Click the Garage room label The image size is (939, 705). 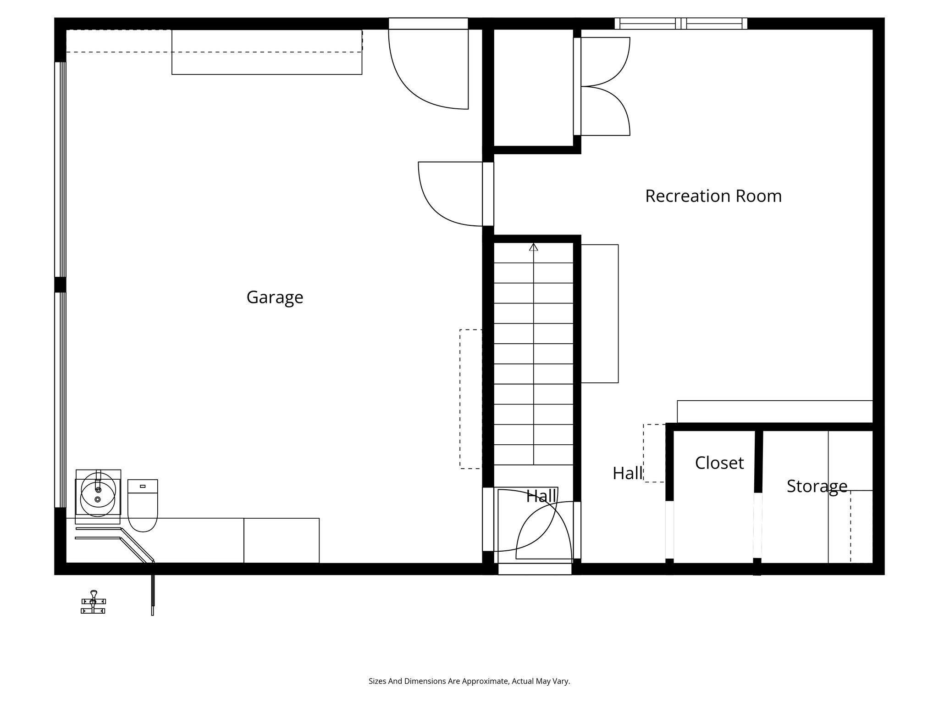click(x=275, y=297)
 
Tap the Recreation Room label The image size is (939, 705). click(x=713, y=196)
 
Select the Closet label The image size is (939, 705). click(x=719, y=463)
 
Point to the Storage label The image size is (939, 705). click(x=817, y=486)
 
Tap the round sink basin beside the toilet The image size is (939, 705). click(x=98, y=498)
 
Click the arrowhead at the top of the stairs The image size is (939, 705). click(x=533, y=247)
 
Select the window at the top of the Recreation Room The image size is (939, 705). click(x=680, y=23)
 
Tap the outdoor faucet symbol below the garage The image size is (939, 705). click(x=94, y=602)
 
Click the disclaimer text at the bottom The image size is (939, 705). click(x=469, y=681)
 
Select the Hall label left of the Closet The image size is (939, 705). click(x=627, y=473)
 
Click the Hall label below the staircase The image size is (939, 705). click(x=541, y=496)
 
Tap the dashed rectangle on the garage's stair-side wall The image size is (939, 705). click(x=471, y=399)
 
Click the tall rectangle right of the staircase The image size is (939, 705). click(x=600, y=313)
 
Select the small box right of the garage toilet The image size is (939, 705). click(x=282, y=540)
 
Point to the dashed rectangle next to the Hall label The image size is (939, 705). click(x=654, y=453)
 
